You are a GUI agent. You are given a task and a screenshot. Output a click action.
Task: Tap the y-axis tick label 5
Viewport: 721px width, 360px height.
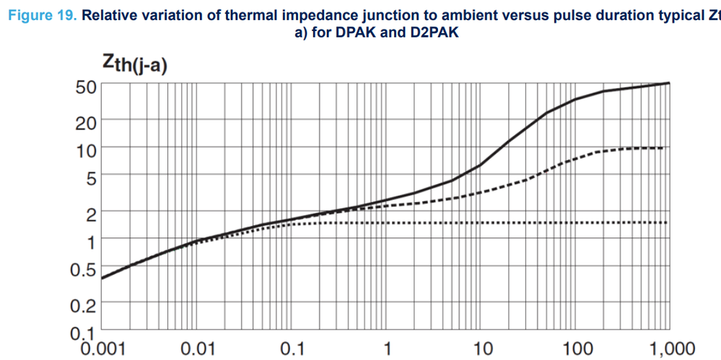tap(91, 177)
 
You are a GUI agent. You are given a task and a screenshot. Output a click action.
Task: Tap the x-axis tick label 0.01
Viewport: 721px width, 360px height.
tap(197, 348)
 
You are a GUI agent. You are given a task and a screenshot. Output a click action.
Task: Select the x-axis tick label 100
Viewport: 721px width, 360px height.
tap(578, 348)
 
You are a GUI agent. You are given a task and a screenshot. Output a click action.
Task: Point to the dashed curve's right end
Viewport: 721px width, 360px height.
tap(663, 148)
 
